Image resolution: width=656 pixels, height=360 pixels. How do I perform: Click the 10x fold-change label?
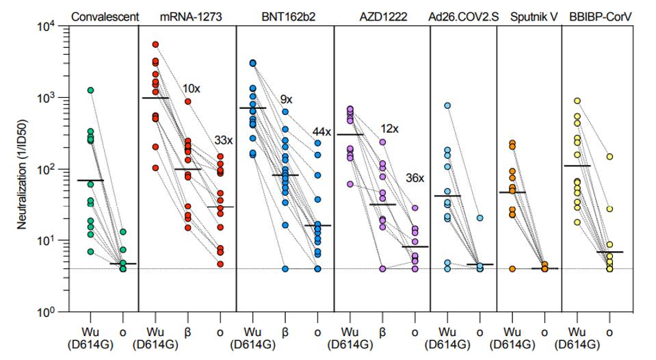(x=192, y=89)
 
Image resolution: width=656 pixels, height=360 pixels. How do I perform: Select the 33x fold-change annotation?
(x=225, y=140)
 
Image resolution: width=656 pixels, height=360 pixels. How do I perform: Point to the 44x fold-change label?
(x=322, y=131)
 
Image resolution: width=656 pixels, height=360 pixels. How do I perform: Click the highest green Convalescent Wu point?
(x=90, y=90)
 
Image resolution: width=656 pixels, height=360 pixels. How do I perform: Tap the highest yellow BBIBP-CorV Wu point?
(x=577, y=101)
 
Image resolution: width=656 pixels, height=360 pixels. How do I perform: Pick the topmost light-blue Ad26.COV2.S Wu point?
(x=447, y=105)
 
